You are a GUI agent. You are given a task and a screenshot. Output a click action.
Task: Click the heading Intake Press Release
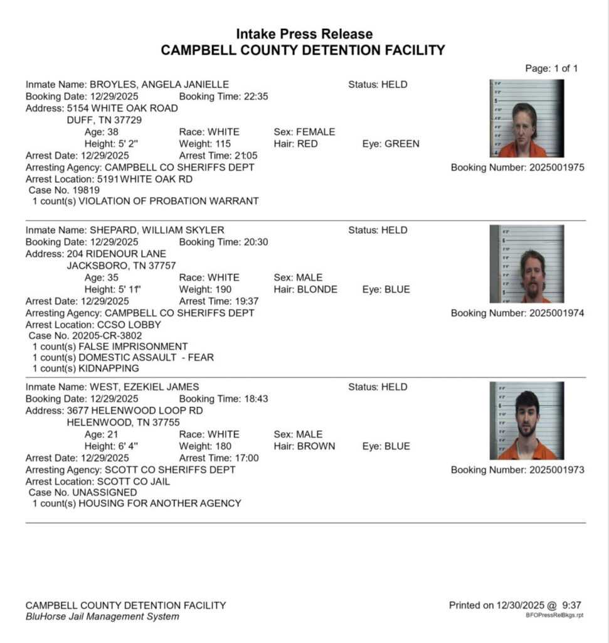304,34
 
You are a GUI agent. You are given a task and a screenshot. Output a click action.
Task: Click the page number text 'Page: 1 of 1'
551,68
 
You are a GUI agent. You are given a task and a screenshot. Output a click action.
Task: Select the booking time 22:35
257,96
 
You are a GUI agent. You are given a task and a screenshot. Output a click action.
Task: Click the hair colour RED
307,144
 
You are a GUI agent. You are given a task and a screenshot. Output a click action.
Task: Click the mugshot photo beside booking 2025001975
526,118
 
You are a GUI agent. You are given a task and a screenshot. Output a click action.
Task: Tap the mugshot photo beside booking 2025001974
526,264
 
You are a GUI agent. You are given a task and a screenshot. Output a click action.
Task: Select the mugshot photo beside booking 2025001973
526,421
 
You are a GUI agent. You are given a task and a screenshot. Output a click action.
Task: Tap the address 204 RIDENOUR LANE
117,254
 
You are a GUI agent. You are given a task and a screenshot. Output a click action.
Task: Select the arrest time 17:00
245,458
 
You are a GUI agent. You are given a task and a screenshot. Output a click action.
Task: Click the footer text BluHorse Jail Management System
102,617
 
